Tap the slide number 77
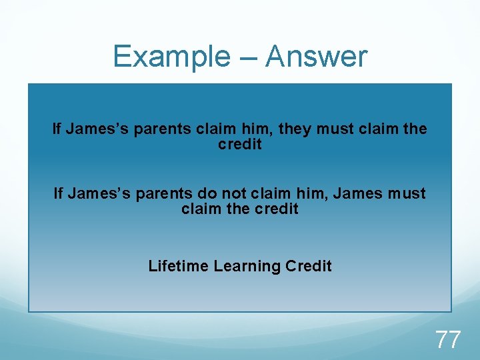tap(448, 339)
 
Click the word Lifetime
tap(178, 266)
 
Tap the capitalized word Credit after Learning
tap(309, 266)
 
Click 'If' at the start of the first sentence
tap(57, 129)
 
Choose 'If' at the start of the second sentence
tap(58, 194)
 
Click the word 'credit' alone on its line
tap(240, 145)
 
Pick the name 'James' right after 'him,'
tap(355, 194)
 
